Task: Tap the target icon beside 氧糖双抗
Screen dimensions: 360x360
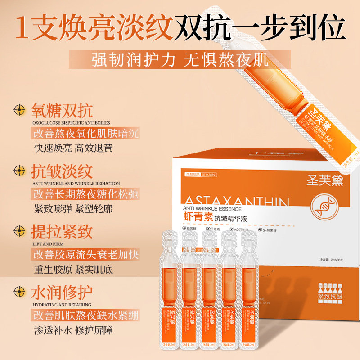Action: point(19,110)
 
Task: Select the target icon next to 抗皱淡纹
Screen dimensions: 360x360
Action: point(19,171)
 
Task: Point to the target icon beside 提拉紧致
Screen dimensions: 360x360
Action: point(19,231)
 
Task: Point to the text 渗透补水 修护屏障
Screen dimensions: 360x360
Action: point(73,330)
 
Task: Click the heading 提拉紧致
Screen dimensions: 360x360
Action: point(62,231)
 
